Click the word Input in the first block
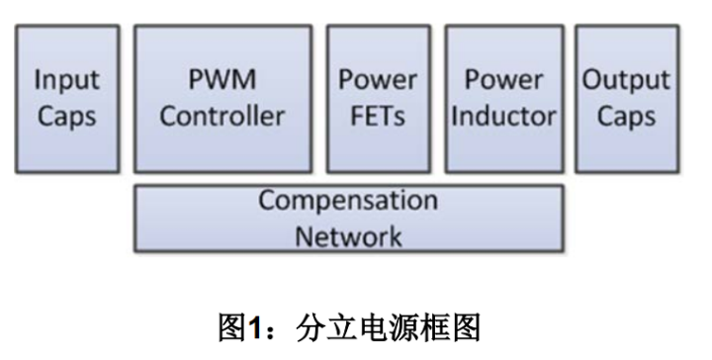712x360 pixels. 66,79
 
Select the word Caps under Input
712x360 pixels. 66,116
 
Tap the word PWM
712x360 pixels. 222,79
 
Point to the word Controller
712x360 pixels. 222,116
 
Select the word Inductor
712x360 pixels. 503,116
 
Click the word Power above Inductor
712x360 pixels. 503,79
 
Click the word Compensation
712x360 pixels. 347,200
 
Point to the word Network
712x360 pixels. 348,235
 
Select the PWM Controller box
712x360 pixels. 222,148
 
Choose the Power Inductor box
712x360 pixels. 503,148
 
